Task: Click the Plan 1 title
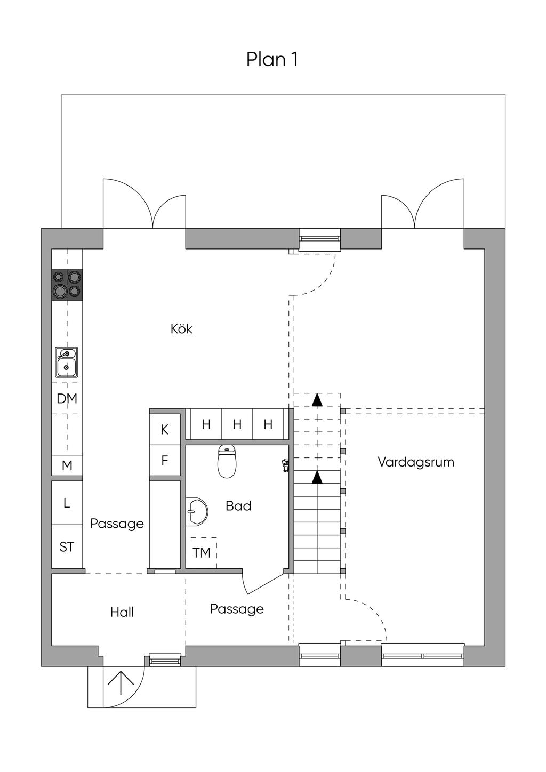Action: (272, 59)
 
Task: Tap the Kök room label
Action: (181, 329)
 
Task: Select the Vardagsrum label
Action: (416, 462)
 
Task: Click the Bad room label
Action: (238, 506)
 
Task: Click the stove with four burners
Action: (67, 285)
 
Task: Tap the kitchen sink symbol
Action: (67, 362)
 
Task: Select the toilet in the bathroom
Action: (227, 461)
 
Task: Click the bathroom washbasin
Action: (196, 512)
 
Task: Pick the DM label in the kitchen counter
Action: (67, 399)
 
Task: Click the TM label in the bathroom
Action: (202, 553)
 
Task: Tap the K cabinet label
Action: (164, 430)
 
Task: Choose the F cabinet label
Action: (165, 461)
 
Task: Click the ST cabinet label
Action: (67, 547)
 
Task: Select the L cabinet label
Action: (67, 503)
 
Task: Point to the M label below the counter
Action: (67, 466)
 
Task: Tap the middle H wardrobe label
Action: (237, 424)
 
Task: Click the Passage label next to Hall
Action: (237, 609)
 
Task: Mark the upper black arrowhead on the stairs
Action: (317, 399)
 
